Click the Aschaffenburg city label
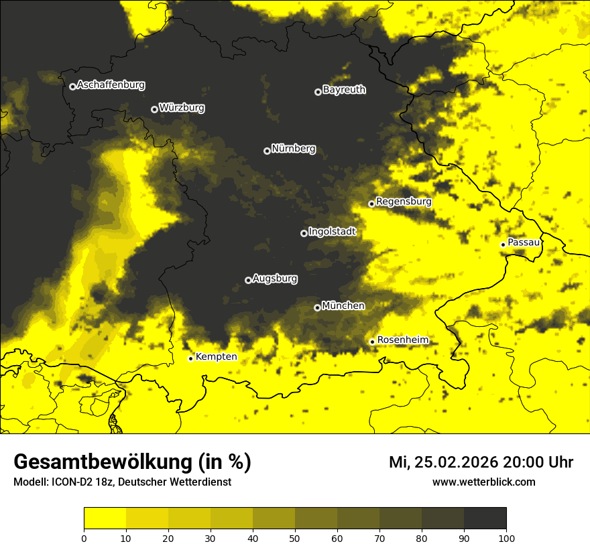pyautogui.click(x=111, y=85)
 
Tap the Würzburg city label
pyautogui.click(x=182, y=108)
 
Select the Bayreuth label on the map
pyautogui.click(x=344, y=90)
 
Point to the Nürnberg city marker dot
pyautogui.click(x=267, y=151)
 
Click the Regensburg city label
pyautogui.click(x=404, y=202)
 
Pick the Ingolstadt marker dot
pyautogui.click(x=304, y=233)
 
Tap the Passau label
pyautogui.click(x=524, y=242)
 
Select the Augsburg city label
pyautogui.click(x=275, y=279)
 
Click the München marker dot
pyautogui.click(x=317, y=307)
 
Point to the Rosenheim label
pyautogui.click(x=402, y=340)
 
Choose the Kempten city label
pyautogui.click(x=216, y=357)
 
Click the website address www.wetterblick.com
pyautogui.click(x=483, y=482)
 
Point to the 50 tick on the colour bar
pyautogui.click(x=295, y=537)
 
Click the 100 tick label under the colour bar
pyautogui.click(x=506, y=537)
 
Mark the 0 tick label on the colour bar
pyautogui.click(x=84, y=537)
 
